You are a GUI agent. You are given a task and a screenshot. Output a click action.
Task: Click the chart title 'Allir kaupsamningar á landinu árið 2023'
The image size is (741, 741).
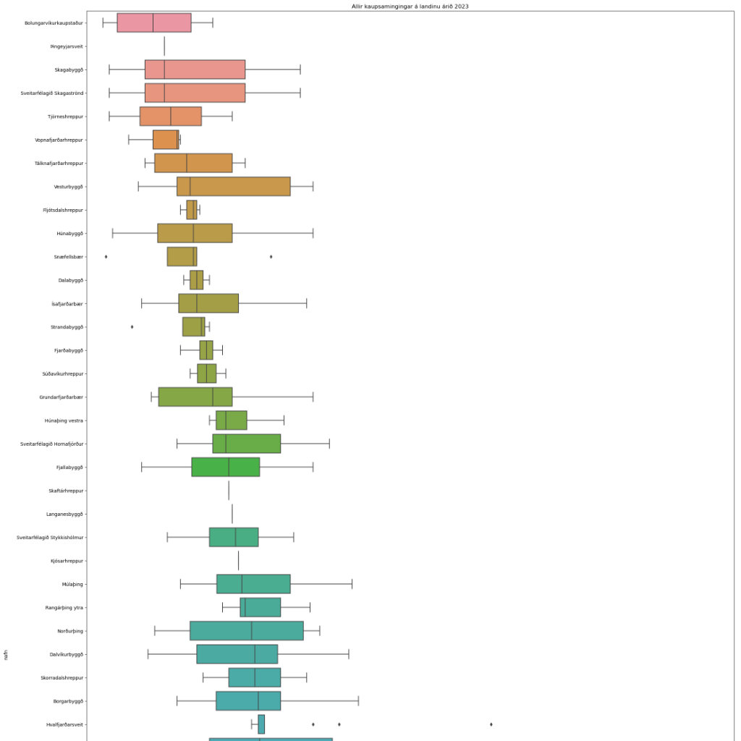pyautogui.click(x=411, y=6)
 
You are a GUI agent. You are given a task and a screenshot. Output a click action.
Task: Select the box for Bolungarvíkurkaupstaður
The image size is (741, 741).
pyautogui.click(x=154, y=23)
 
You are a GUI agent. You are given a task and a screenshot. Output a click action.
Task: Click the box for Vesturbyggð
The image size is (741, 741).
pyautogui.click(x=234, y=187)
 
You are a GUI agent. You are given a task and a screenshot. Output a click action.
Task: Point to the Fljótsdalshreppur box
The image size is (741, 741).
pyautogui.click(x=191, y=210)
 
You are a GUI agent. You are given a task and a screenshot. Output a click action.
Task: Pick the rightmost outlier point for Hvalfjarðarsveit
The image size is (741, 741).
pyautogui.click(x=491, y=724)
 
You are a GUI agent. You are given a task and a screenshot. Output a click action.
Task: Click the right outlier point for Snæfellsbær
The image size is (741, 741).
pyautogui.click(x=271, y=257)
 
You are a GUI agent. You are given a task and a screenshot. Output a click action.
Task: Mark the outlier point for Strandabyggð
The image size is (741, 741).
pyautogui.click(x=132, y=327)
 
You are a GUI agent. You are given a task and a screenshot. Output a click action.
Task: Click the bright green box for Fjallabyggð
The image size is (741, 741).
pyautogui.click(x=226, y=467)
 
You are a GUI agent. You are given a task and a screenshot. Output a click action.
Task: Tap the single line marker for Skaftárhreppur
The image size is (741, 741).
pyautogui.click(x=229, y=491)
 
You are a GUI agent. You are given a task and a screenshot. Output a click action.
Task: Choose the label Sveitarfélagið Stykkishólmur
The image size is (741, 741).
pyautogui.click(x=50, y=538)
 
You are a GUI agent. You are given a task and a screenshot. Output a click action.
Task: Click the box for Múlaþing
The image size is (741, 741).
pyautogui.click(x=253, y=584)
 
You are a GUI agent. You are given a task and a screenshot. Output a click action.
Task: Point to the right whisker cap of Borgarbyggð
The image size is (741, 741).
pyautogui.click(x=358, y=701)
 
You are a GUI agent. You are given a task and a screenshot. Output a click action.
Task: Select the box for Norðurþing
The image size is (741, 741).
pyautogui.click(x=247, y=631)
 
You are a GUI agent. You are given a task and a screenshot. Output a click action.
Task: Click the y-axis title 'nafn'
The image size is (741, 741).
pyautogui.click(x=6, y=656)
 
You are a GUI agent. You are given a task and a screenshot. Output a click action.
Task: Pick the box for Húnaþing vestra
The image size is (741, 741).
pyautogui.click(x=232, y=420)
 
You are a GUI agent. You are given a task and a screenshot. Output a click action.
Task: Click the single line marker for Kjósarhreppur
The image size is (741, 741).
pyautogui.click(x=238, y=561)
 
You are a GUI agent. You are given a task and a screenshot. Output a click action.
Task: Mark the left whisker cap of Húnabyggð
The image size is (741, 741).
pyautogui.click(x=113, y=234)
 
